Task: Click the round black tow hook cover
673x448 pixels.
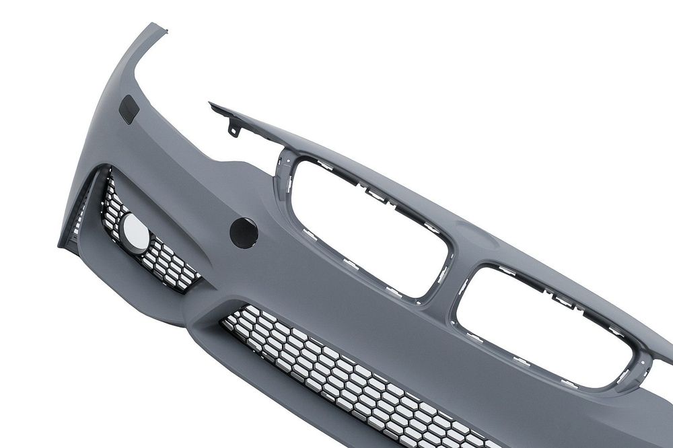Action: pos(244,233)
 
